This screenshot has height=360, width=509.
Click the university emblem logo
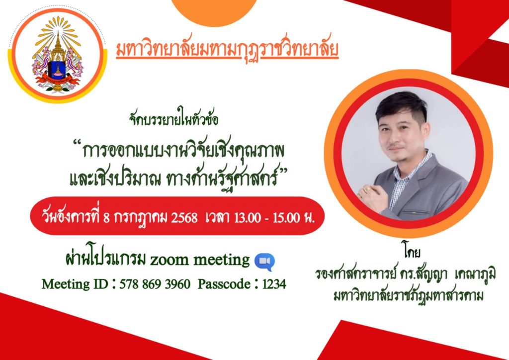[x=58, y=55]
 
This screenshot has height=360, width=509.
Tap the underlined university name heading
[x=227, y=49]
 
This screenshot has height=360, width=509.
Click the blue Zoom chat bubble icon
[x=264, y=262]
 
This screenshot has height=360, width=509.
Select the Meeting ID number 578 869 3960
[x=155, y=284]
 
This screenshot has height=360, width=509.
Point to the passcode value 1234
[x=274, y=284]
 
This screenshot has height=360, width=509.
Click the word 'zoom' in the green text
[x=169, y=261]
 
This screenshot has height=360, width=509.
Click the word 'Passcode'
[x=224, y=284]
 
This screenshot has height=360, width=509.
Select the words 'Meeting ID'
[x=75, y=284]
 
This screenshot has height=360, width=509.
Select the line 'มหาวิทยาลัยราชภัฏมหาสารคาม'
[x=409, y=296]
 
